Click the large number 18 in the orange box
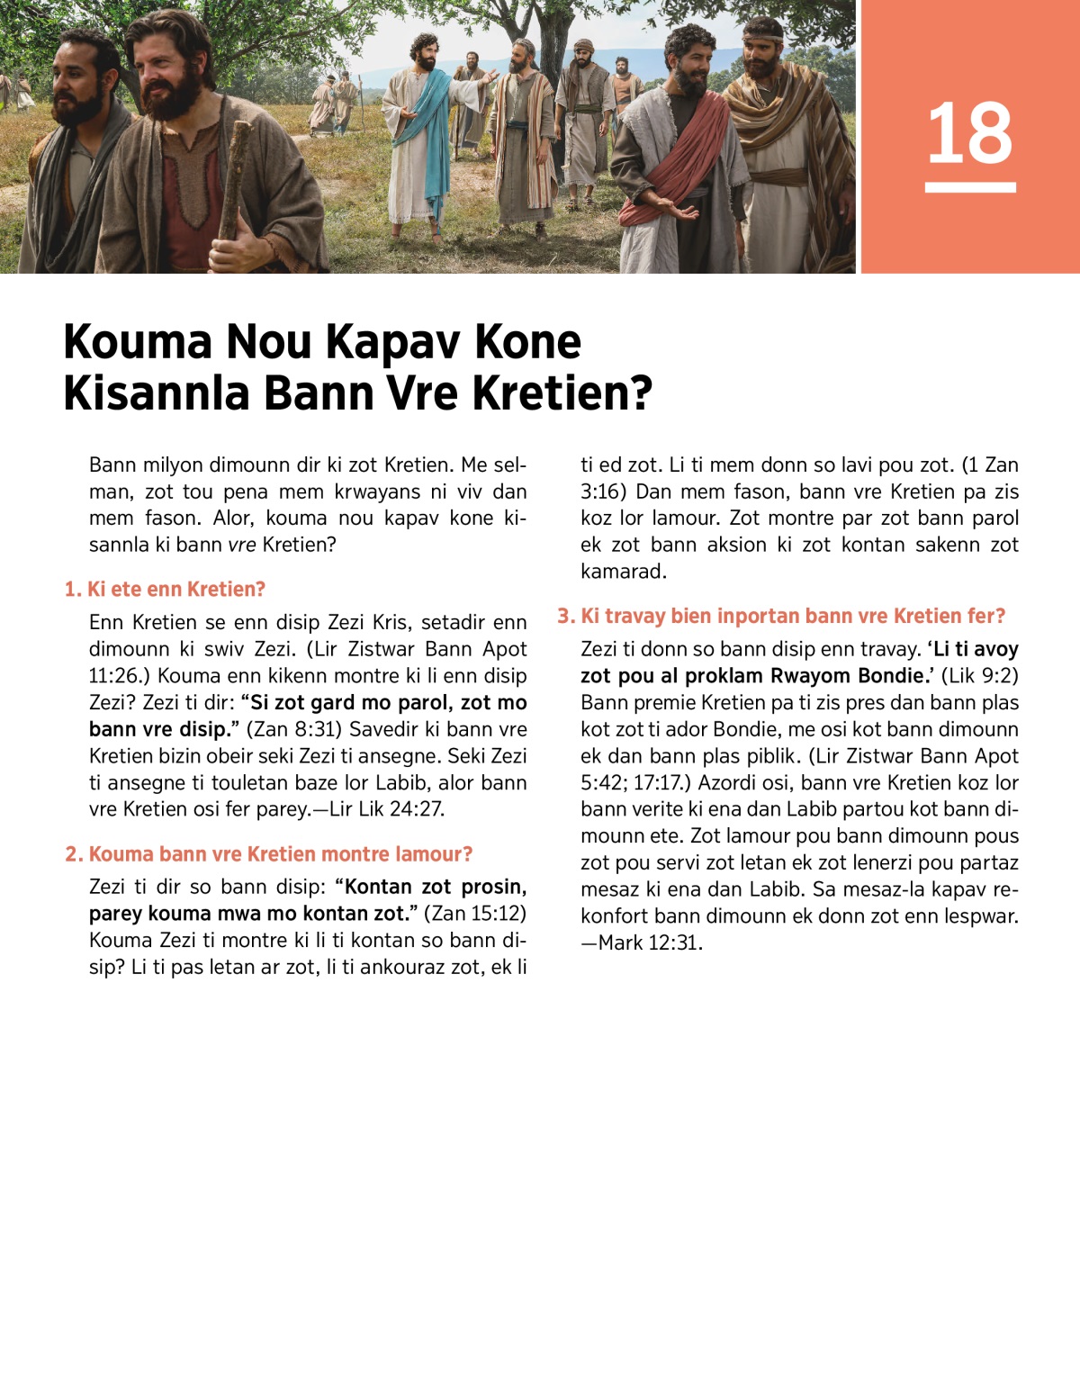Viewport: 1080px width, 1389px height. [x=969, y=133]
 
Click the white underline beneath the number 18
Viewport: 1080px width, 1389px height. [x=969, y=187]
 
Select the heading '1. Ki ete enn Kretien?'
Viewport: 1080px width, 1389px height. [x=166, y=590]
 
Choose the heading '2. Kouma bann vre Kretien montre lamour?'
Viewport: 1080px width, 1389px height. [x=268, y=854]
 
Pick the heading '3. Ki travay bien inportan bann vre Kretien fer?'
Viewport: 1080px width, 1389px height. [x=780, y=617]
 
